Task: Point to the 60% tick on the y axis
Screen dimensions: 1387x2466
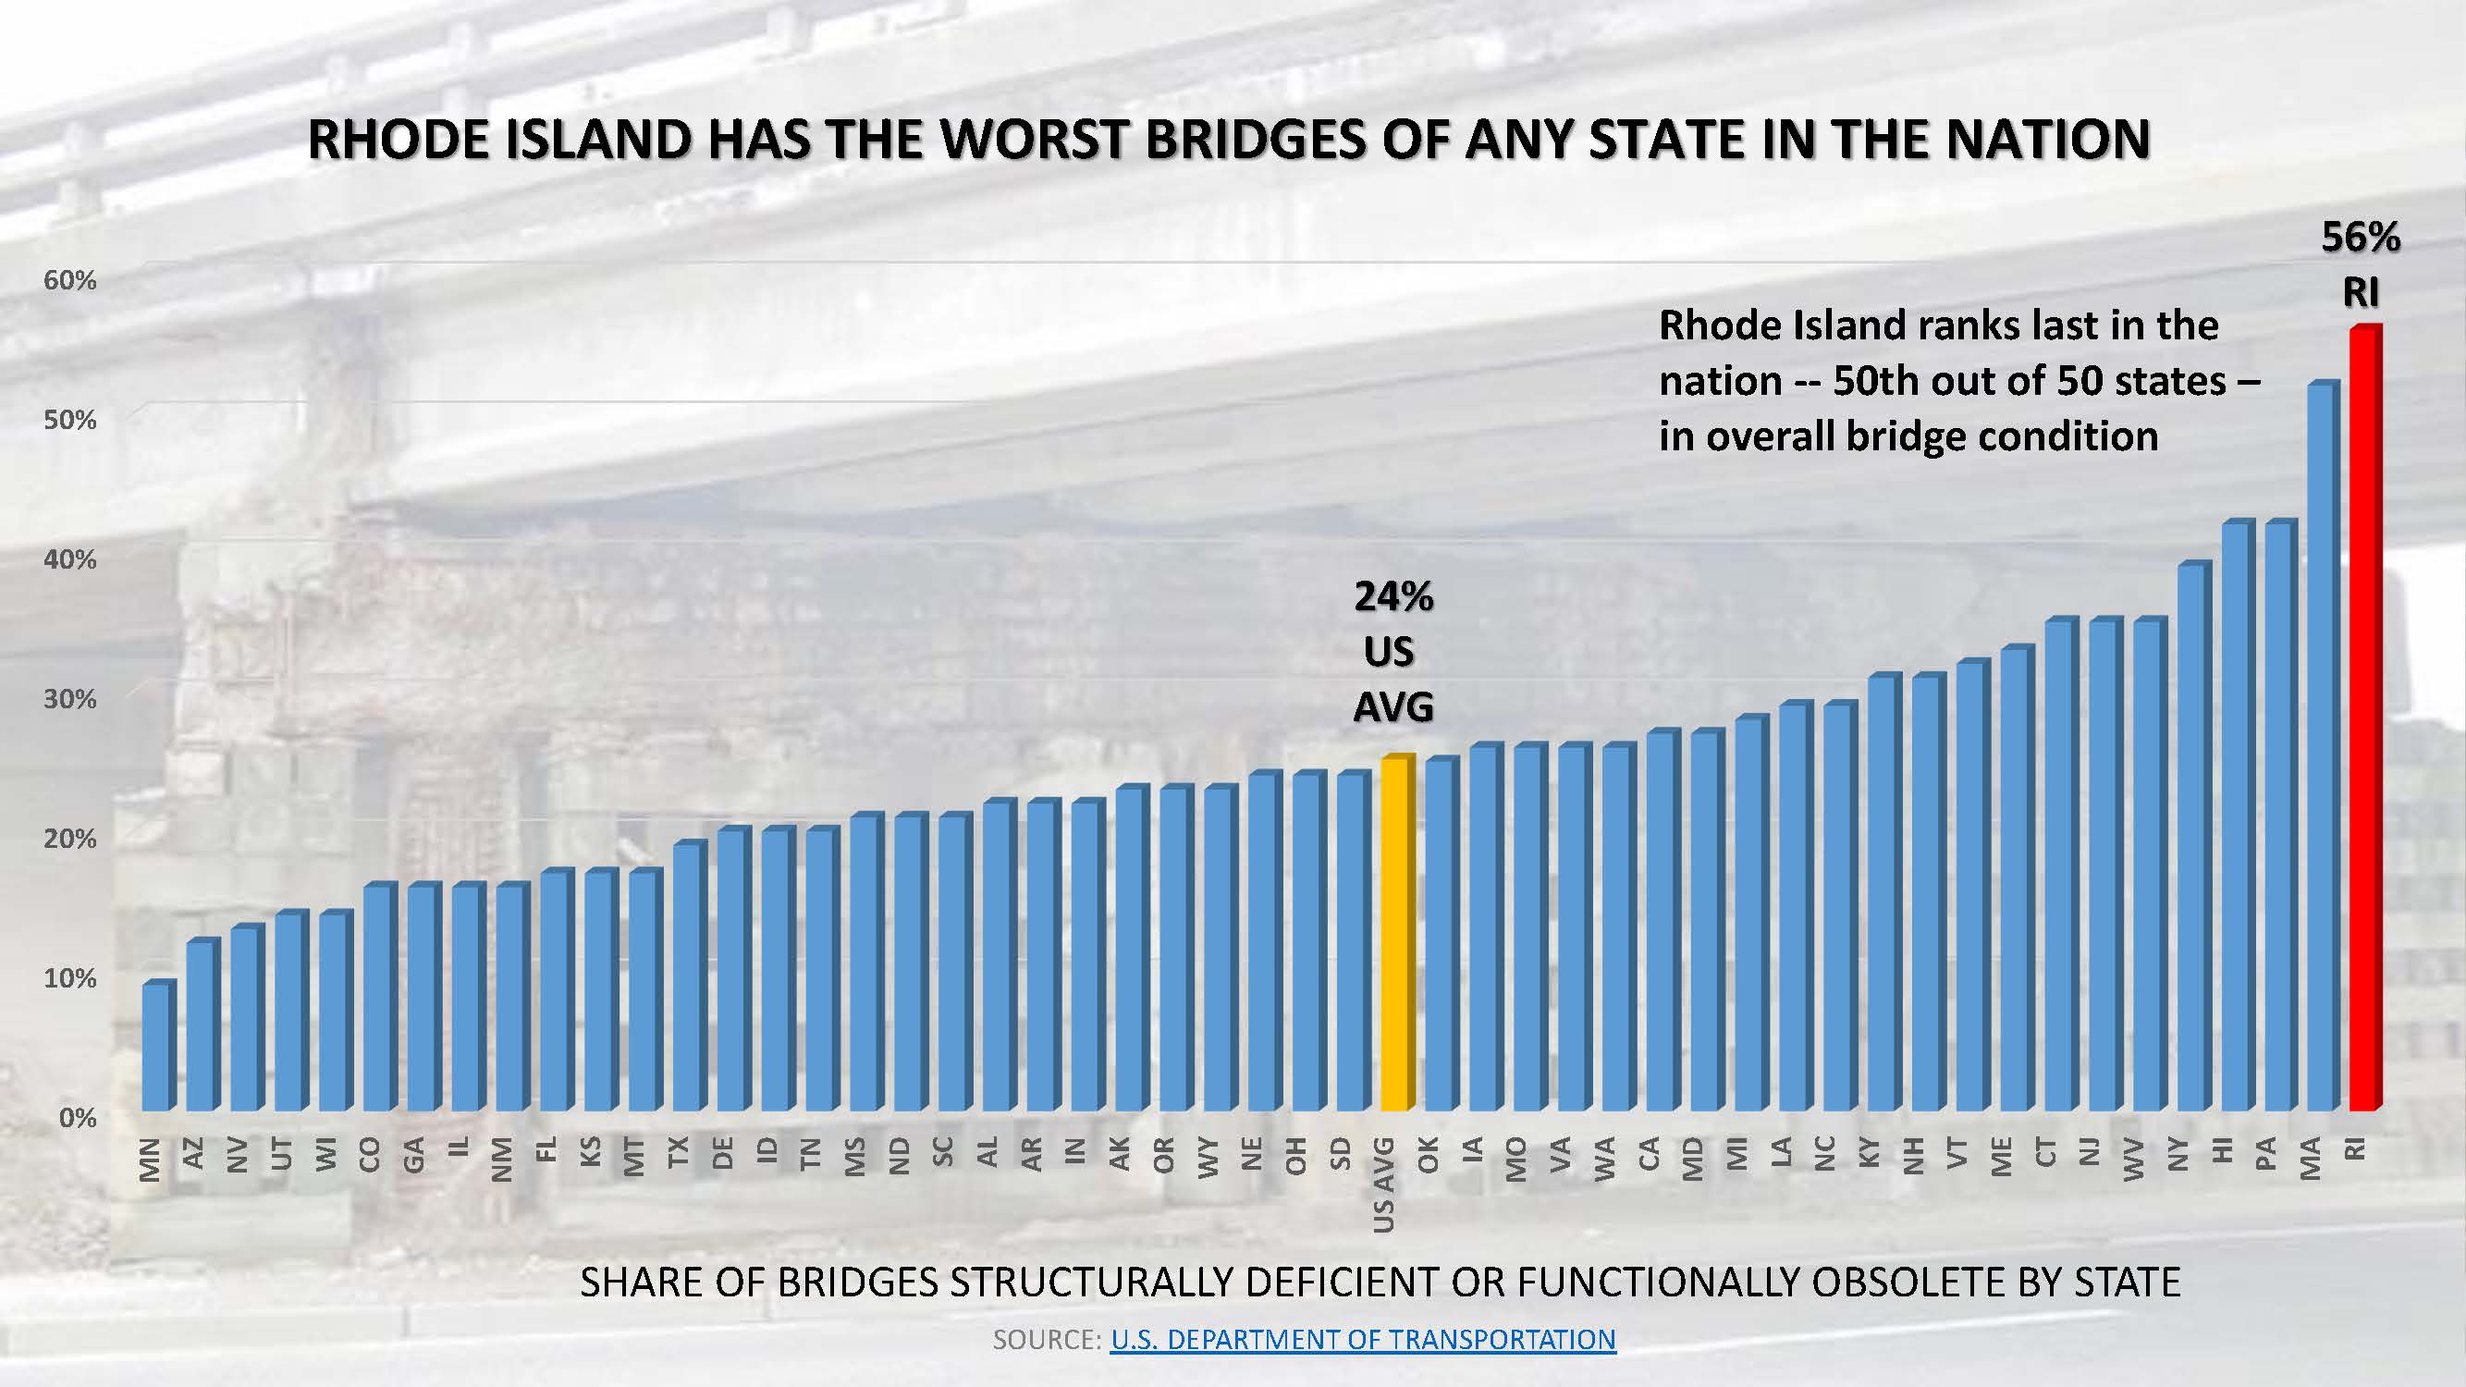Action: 70,280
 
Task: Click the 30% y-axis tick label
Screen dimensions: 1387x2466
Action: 70,700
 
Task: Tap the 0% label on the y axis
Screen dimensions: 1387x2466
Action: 78,1118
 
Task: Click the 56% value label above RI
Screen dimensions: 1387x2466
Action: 2361,238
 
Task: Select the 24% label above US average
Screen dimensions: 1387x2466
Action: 1392,596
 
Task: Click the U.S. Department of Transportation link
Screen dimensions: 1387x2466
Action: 1362,1339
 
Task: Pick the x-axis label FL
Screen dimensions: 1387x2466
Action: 546,1150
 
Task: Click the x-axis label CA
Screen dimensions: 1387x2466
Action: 1649,1154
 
